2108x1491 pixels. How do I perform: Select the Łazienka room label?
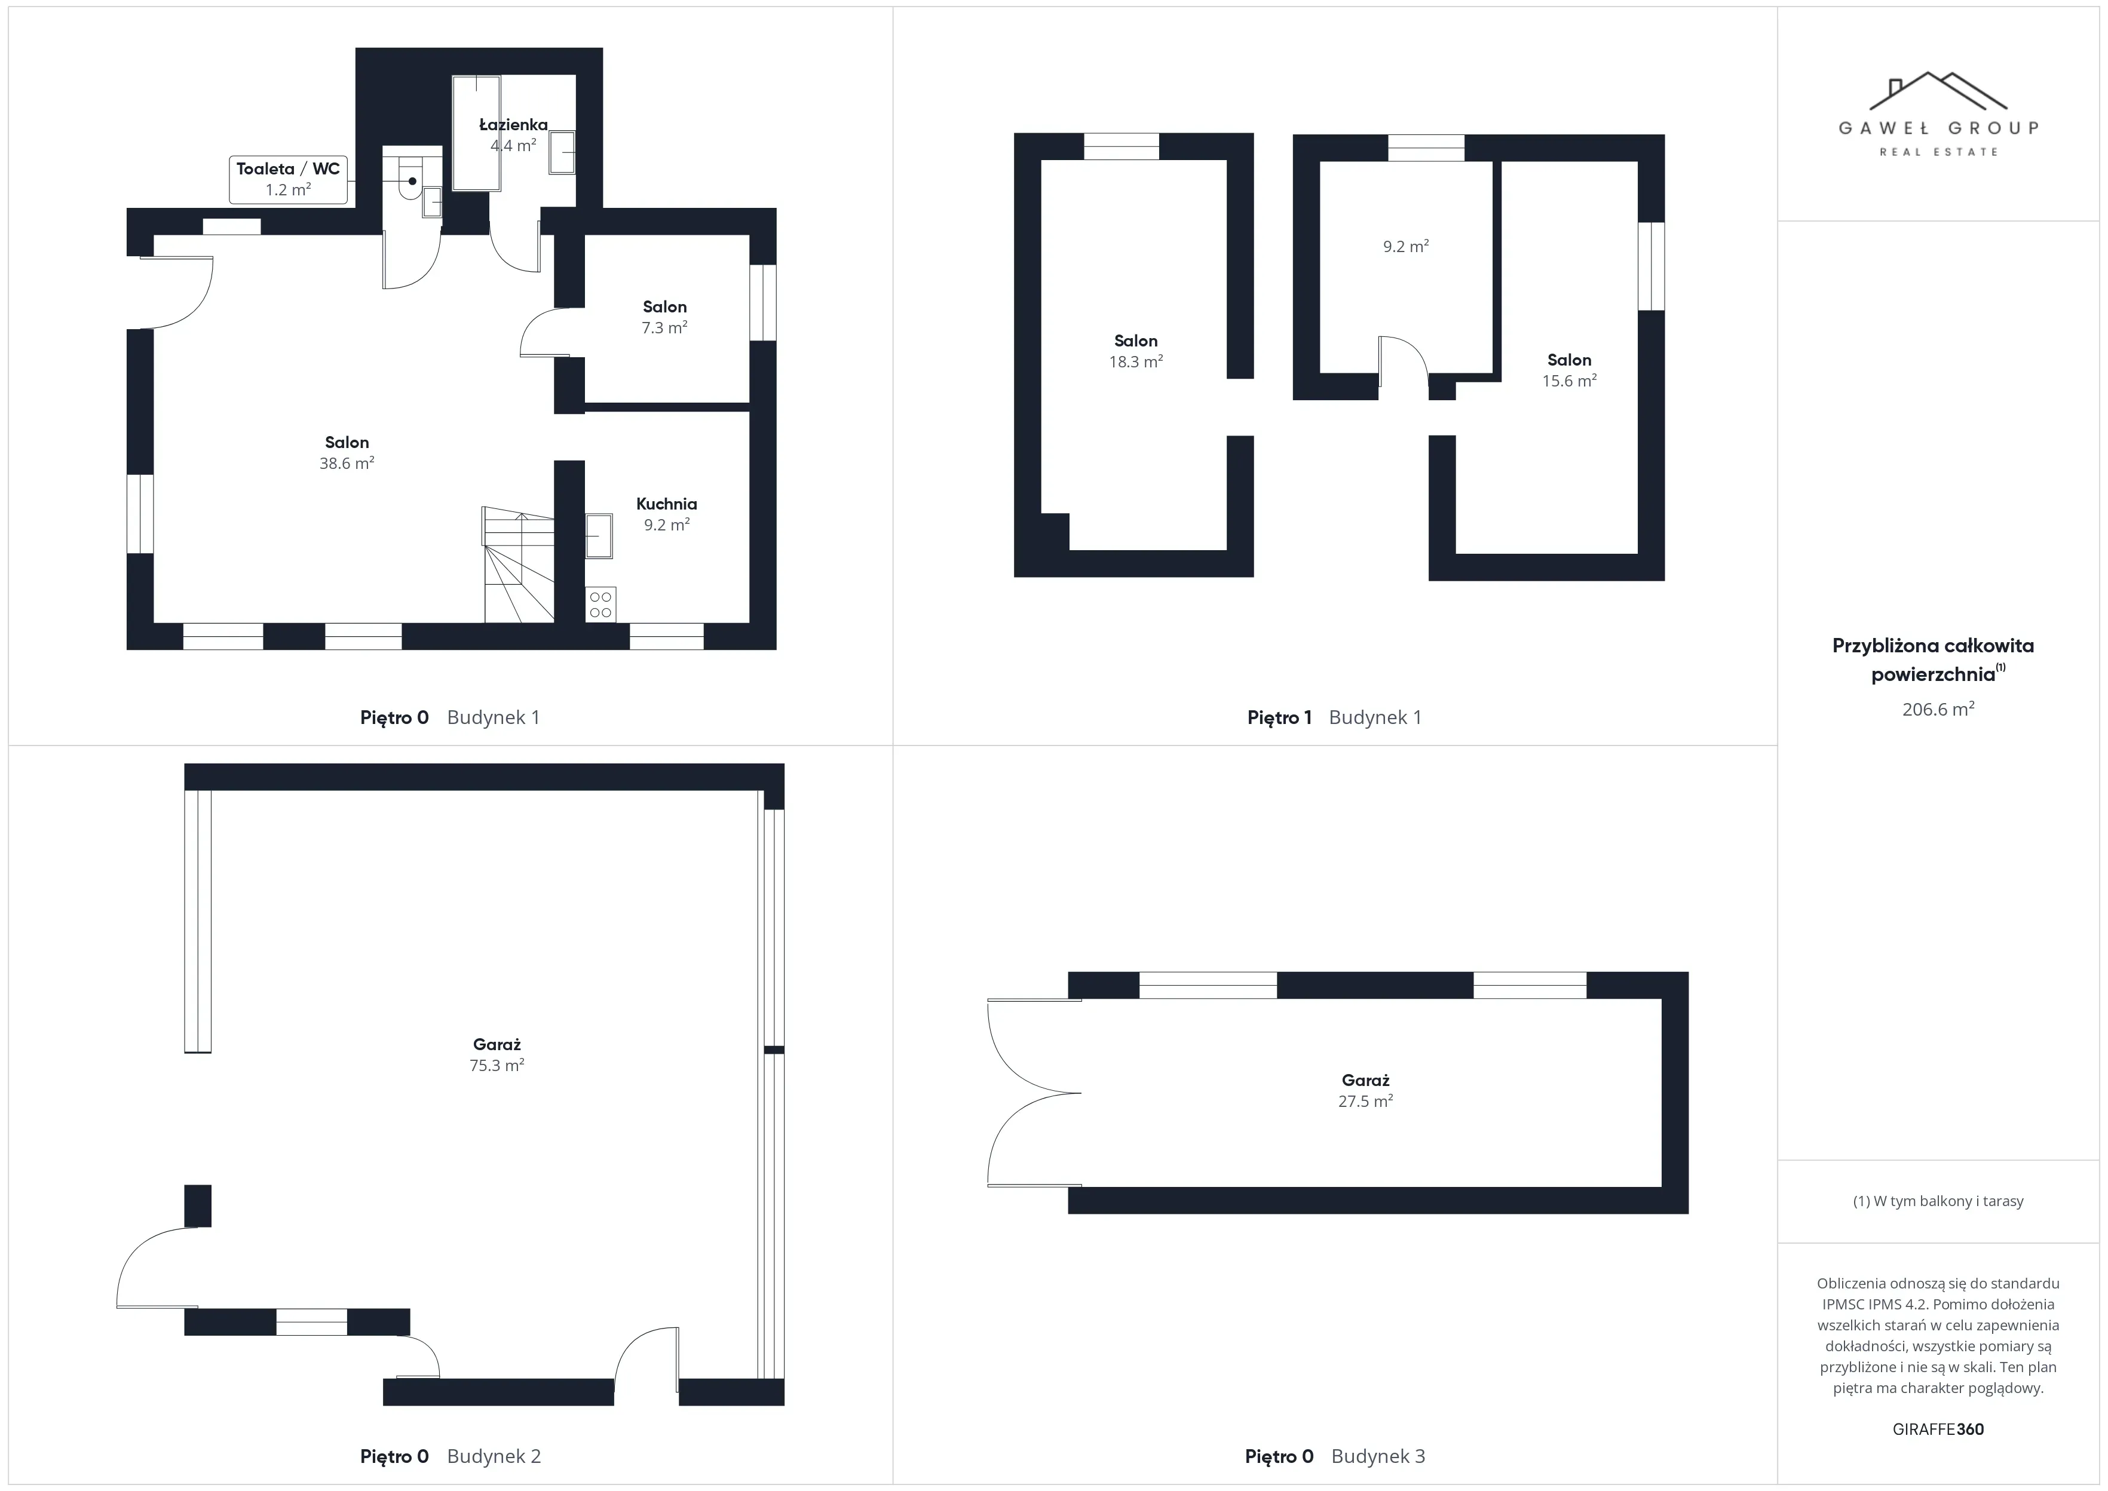(513, 125)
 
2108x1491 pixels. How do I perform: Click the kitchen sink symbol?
(599, 535)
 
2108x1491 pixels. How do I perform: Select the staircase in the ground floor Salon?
(519, 565)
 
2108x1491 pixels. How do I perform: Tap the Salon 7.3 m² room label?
(664, 317)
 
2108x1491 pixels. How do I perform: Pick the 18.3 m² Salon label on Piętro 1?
(1136, 351)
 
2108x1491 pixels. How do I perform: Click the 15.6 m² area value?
(1569, 381)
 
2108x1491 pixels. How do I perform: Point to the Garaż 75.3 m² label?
(497, 1054)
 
